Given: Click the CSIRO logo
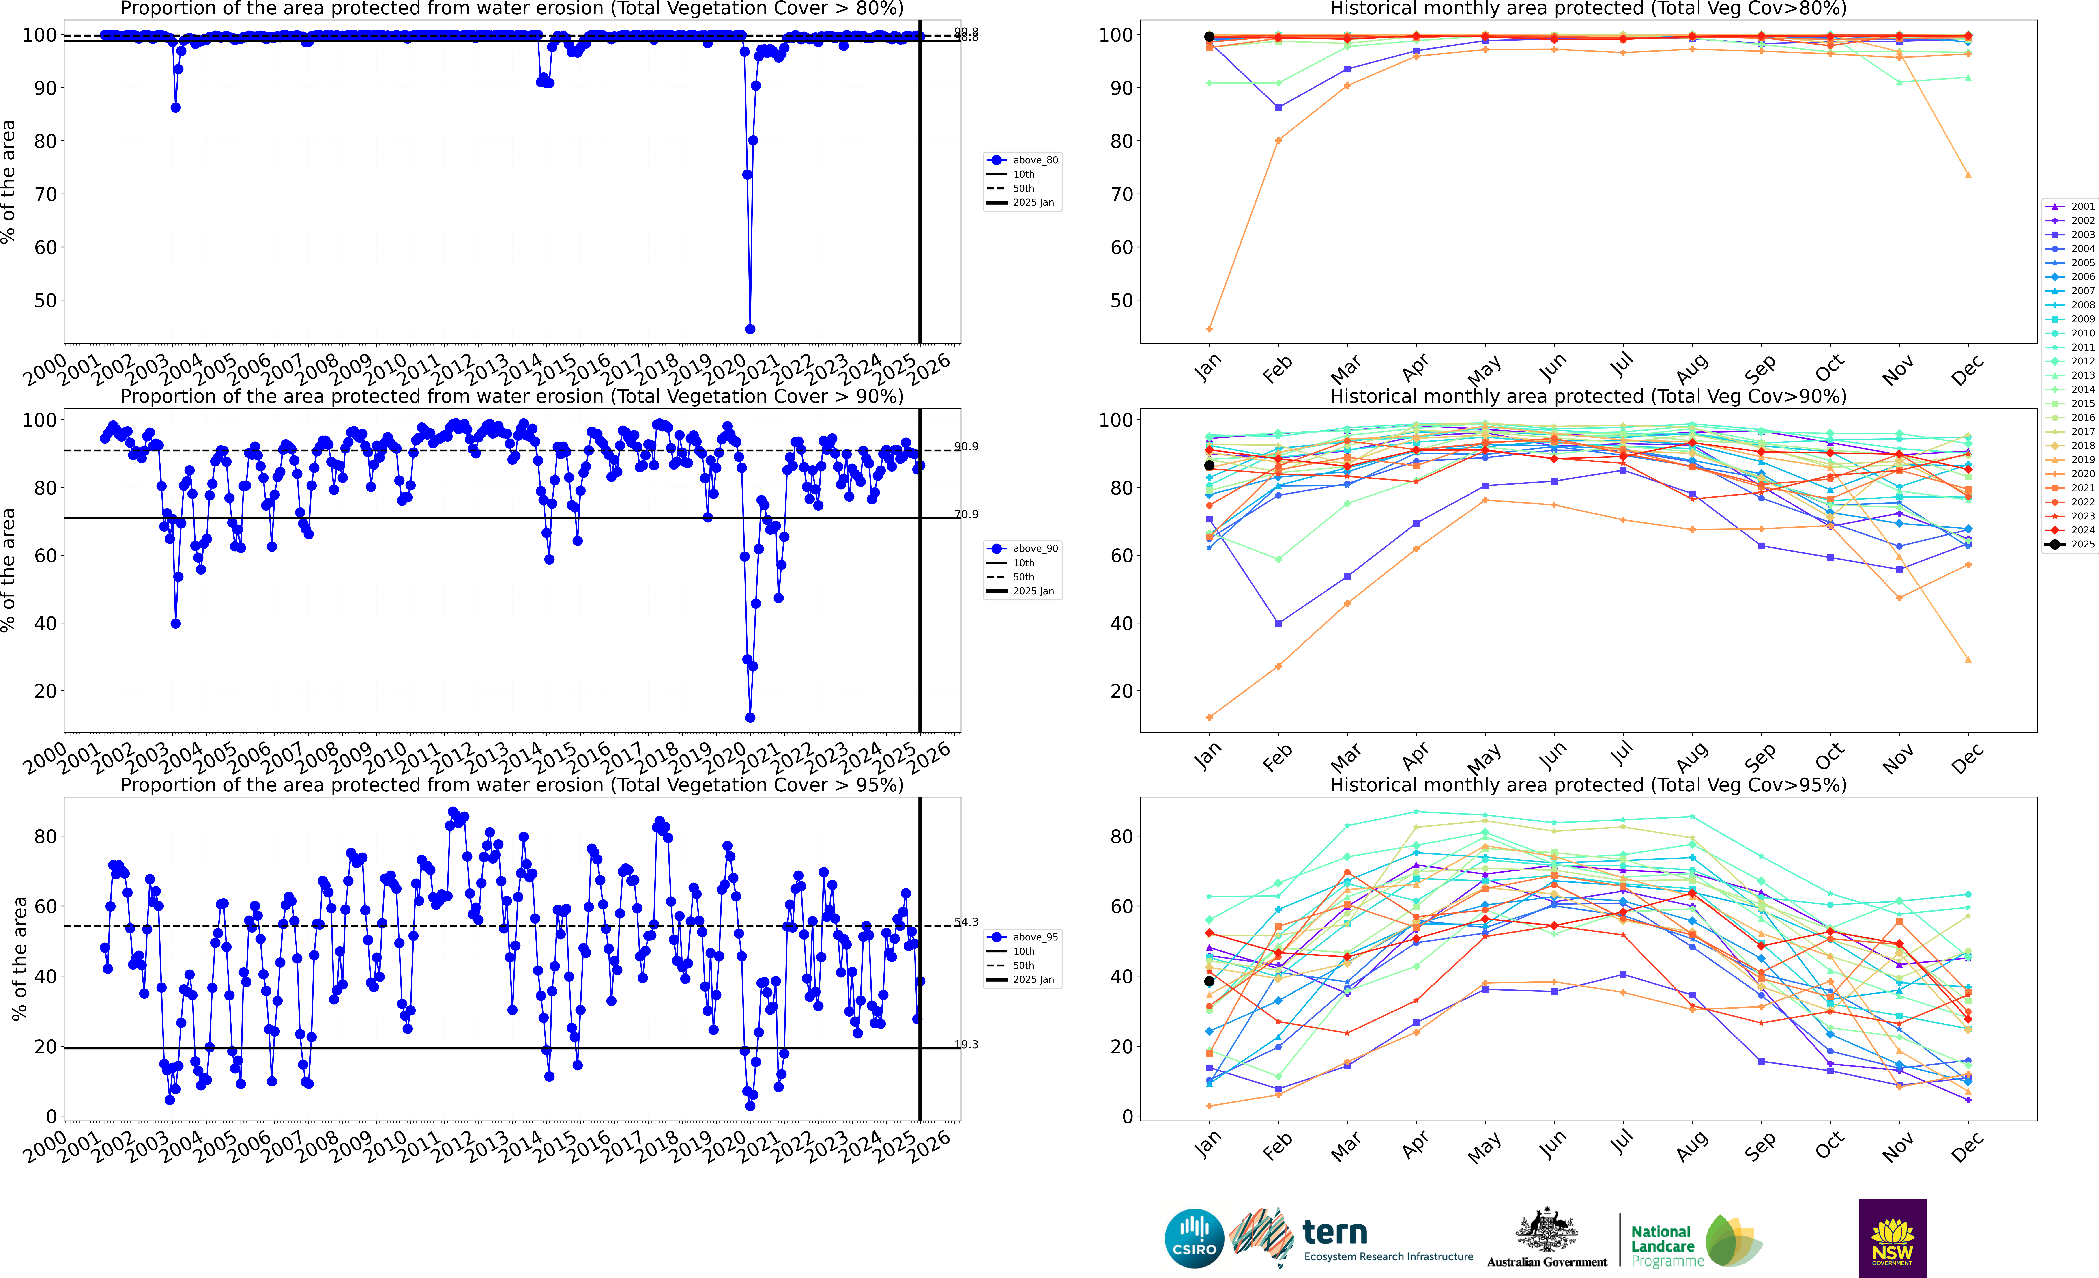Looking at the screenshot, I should pyautogui.click(x=1194, y=1238).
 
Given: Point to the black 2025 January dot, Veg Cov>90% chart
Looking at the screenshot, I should pyautogui.click(x=1209, y=465).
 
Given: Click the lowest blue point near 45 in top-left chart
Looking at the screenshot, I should pyautogui.click(x=750, y=329).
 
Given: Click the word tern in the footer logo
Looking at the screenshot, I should pyautogui.click(x=1335, y=1233).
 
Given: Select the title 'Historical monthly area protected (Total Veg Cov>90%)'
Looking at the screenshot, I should pyautogui.click(x=1588, y=396).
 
